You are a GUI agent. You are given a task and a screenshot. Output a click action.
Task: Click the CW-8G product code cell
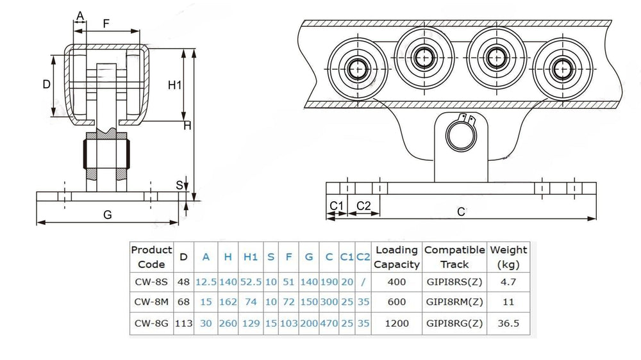[x=151, y=323]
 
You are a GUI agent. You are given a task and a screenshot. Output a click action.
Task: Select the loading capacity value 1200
[x=397, y=323]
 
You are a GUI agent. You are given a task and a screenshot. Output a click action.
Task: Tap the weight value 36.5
[x=508, y=323]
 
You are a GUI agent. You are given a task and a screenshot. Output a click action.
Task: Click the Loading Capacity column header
[x=397, y=256]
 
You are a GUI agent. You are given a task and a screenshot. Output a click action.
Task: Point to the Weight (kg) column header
[x=508, y=256]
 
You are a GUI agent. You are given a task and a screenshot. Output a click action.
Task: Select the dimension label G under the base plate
[x=108, y=215]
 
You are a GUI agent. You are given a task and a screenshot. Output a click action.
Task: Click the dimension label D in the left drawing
[x=46, y=84]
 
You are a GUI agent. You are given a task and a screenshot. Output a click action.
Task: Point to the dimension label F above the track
[x=106, y=23]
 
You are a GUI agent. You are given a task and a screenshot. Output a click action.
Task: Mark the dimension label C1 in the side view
[x=337, y=205]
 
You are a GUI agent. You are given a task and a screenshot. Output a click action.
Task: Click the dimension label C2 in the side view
[x=363, y=205]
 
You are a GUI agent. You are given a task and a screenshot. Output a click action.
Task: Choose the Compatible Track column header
[x=454, y=256]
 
